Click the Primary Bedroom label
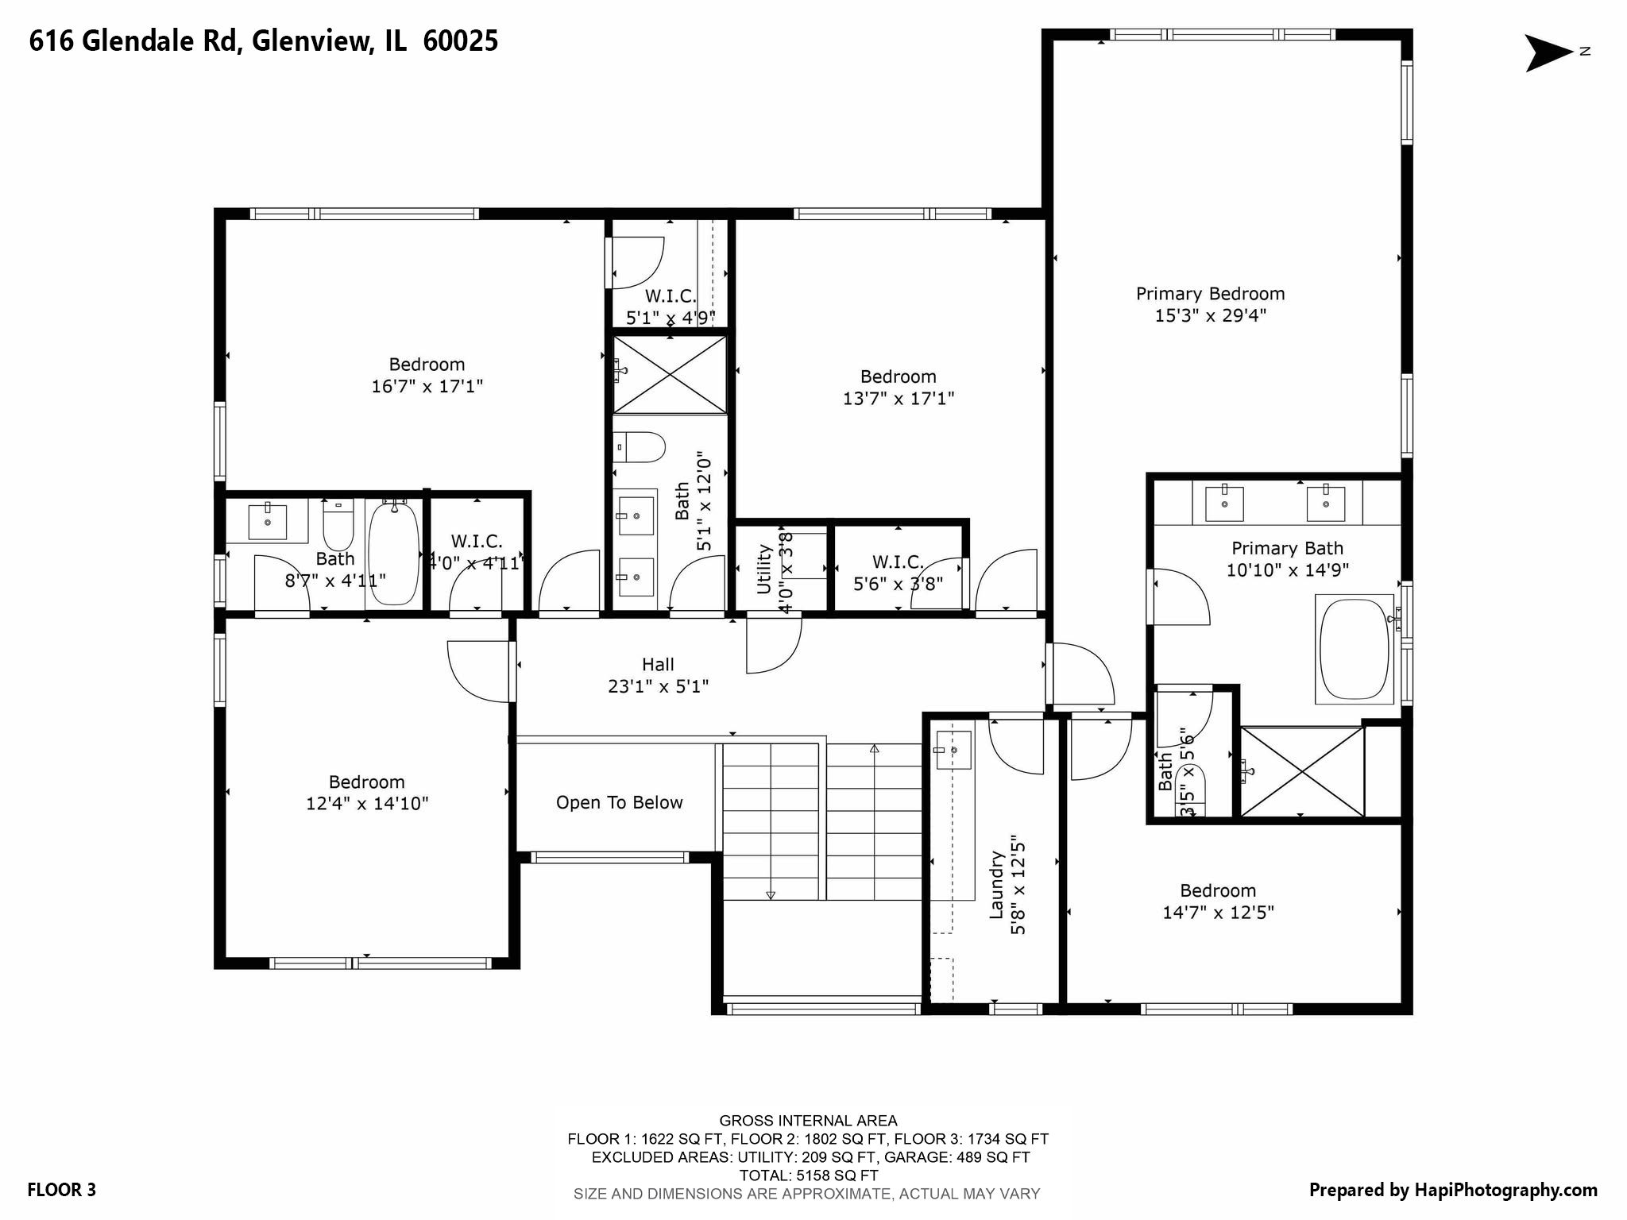coord(1210,294)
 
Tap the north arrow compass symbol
coord(1549,52)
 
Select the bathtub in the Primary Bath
coord(1355,649)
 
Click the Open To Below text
coord(619,803)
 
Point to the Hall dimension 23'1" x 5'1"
coord(658,686)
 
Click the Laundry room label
coord(996,885)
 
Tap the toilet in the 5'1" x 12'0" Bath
coord(642,447)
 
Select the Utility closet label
coord(764,569)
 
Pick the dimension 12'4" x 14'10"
coord(367,804)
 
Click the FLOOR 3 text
coord(61,1190)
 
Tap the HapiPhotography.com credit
coord(1453,1190)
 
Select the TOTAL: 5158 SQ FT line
coord(808,1176)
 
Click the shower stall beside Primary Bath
coord(1302,771)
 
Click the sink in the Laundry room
coord(953,750)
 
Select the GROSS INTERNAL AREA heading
coord(808,1121)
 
